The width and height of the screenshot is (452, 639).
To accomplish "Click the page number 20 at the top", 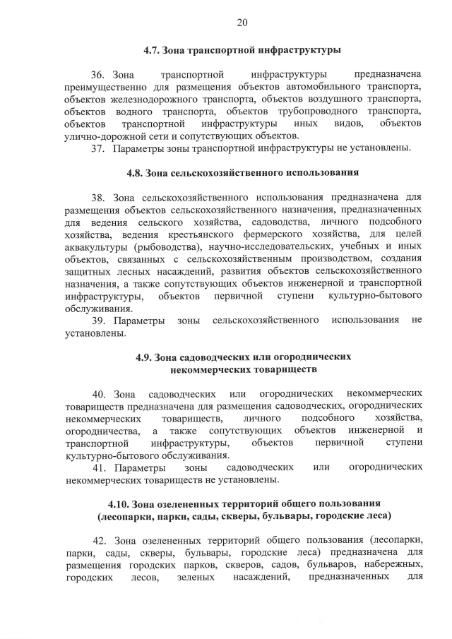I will pyautogui.click(x=242, y=23).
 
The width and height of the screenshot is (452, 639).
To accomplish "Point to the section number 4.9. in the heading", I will pyautogui.click(x=146, y=357).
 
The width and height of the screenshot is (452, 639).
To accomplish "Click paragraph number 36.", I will pyautogui.click(x=99, y=74).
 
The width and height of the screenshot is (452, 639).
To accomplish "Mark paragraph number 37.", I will pyautogui.click(x=99, y=148).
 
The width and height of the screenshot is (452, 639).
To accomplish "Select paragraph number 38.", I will pyautogui.click(x=99, y=197).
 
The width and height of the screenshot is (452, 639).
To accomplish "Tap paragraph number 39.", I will pyautogui.click(x=99, y=321).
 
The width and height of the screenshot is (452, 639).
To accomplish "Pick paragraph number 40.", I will pyautogui.click(x=99, y=393).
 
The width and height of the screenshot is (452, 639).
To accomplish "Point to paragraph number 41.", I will pyautogui.click(x=99, y=467).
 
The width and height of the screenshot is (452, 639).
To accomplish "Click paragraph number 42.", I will pyautogui.click(x=99, y=541).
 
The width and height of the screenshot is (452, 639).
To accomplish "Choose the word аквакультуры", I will pyautogui.click(x=95, y=246).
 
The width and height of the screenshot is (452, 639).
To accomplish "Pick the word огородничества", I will pyautogui.click(x=101, y=431).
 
